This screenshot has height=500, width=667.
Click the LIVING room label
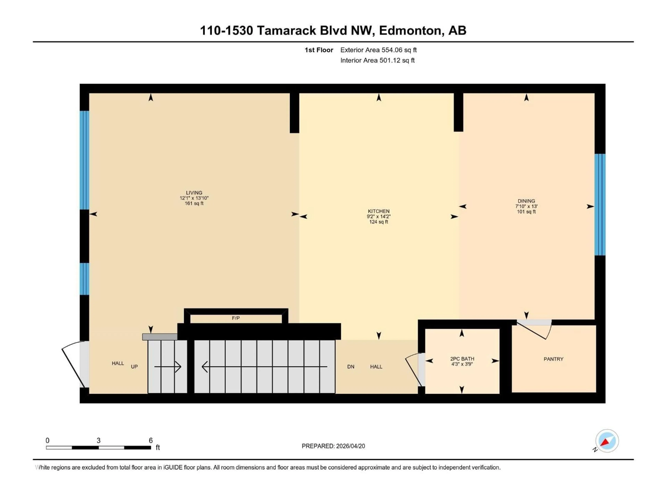pos(194,193)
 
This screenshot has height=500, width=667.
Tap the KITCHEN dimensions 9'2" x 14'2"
pos(378,216)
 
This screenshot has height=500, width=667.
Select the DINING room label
pos(526,201)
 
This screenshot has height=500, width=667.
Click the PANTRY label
pos(553,359)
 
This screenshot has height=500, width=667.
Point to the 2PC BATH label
pos(462,359)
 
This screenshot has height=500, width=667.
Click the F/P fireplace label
pos(236,318)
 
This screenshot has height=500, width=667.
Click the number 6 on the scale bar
pos(150,440)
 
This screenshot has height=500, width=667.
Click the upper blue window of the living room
pos(84,160)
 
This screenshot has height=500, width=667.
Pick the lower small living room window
pos(84,279)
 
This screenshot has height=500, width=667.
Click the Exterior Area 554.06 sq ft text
pos(378,50)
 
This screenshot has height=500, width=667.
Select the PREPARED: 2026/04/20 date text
pos(333,446)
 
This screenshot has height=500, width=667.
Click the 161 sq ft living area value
pos(194,203)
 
